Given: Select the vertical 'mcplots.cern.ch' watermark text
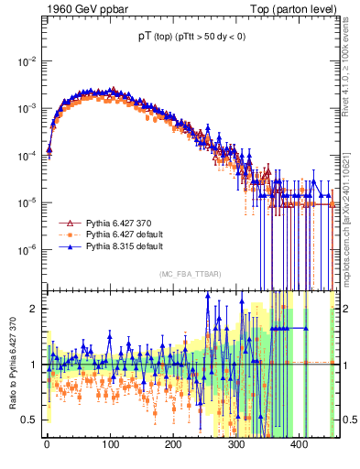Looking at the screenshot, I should coord(351,252).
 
